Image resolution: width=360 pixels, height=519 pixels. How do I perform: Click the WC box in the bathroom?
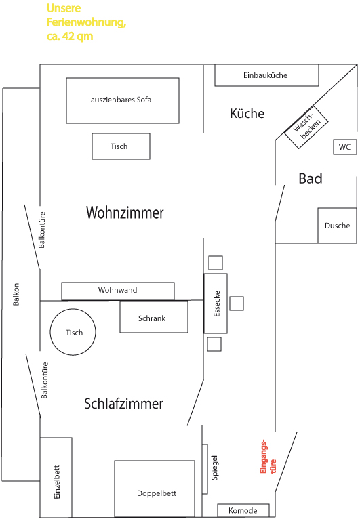point(345,147)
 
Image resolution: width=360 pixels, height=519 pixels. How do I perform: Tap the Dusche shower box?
point(337,226)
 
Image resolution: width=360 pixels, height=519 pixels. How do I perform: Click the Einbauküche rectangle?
point(266,75)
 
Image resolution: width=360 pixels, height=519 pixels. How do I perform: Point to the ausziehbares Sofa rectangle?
point(123,101)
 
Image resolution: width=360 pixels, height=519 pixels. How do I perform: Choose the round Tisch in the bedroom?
point(73,332)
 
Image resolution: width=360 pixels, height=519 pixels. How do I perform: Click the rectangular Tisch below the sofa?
point(121,146)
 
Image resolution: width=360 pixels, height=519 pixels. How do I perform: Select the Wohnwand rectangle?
point(118,291)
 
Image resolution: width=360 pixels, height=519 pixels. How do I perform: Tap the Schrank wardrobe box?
point(154,317)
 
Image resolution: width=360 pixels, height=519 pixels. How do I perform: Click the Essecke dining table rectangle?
point(216,303)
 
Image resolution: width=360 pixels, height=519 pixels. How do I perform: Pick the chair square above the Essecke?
point(216,263)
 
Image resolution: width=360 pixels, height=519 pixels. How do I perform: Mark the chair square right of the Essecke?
point(237,303)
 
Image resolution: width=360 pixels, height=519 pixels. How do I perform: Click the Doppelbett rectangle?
point(155,489)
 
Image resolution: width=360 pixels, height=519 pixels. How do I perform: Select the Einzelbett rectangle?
point(56,477)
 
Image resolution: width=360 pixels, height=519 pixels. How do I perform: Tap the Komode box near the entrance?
point(243,510)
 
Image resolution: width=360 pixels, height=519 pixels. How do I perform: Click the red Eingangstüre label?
point(268,457)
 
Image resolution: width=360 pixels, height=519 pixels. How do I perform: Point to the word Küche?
point(247,114)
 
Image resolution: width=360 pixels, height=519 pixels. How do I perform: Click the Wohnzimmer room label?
point(125,213)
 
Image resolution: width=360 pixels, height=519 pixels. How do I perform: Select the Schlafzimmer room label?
point(123,404)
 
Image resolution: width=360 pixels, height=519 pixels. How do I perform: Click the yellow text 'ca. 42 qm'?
point(70,36)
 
